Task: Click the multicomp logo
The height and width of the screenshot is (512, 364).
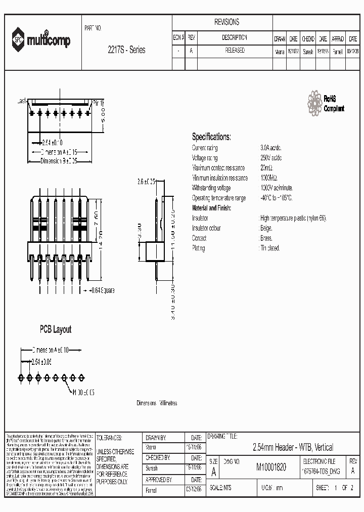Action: (42, 39)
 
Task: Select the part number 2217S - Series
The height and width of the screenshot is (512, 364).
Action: (126, 50)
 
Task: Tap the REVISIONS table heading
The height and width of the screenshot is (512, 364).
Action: (226, 22)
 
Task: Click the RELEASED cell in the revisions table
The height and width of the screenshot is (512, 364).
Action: (235, 51)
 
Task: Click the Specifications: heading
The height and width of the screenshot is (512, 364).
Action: (211, 137)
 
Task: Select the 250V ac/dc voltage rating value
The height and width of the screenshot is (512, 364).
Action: (271, 158)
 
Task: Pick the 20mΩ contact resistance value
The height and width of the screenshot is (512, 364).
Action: (266, 168)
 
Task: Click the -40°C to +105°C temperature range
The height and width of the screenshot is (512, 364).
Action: (276, 198)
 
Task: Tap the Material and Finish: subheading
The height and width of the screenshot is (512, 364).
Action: (211, 208)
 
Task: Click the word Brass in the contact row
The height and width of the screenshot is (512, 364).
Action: (266, 238)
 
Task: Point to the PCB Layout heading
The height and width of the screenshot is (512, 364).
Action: (56, 329)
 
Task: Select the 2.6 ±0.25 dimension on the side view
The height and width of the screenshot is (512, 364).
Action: (147, 180)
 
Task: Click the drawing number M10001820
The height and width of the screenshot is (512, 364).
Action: (271, 468)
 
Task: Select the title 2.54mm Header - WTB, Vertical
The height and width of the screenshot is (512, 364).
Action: (293, 447)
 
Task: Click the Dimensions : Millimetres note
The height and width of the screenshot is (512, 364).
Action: (157, 403)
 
